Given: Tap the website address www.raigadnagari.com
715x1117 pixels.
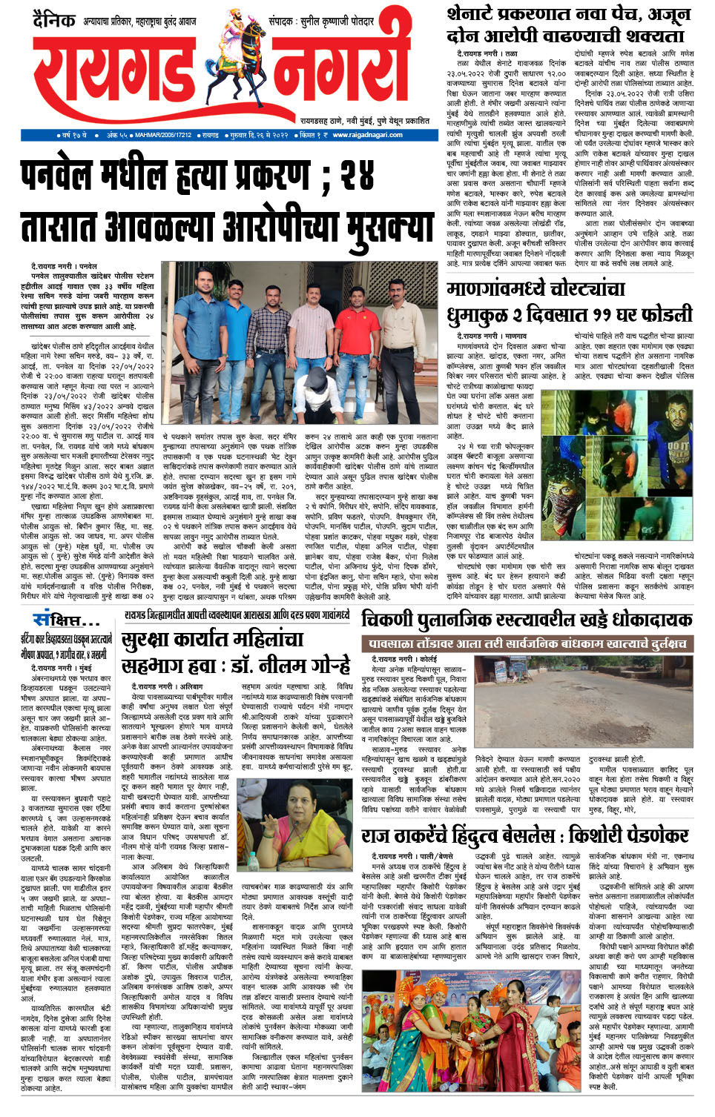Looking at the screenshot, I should (x=367, y=135).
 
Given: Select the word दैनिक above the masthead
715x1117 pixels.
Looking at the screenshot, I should (x=53, y=20).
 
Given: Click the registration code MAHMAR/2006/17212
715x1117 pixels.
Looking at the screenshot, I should (x=163, y=136).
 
